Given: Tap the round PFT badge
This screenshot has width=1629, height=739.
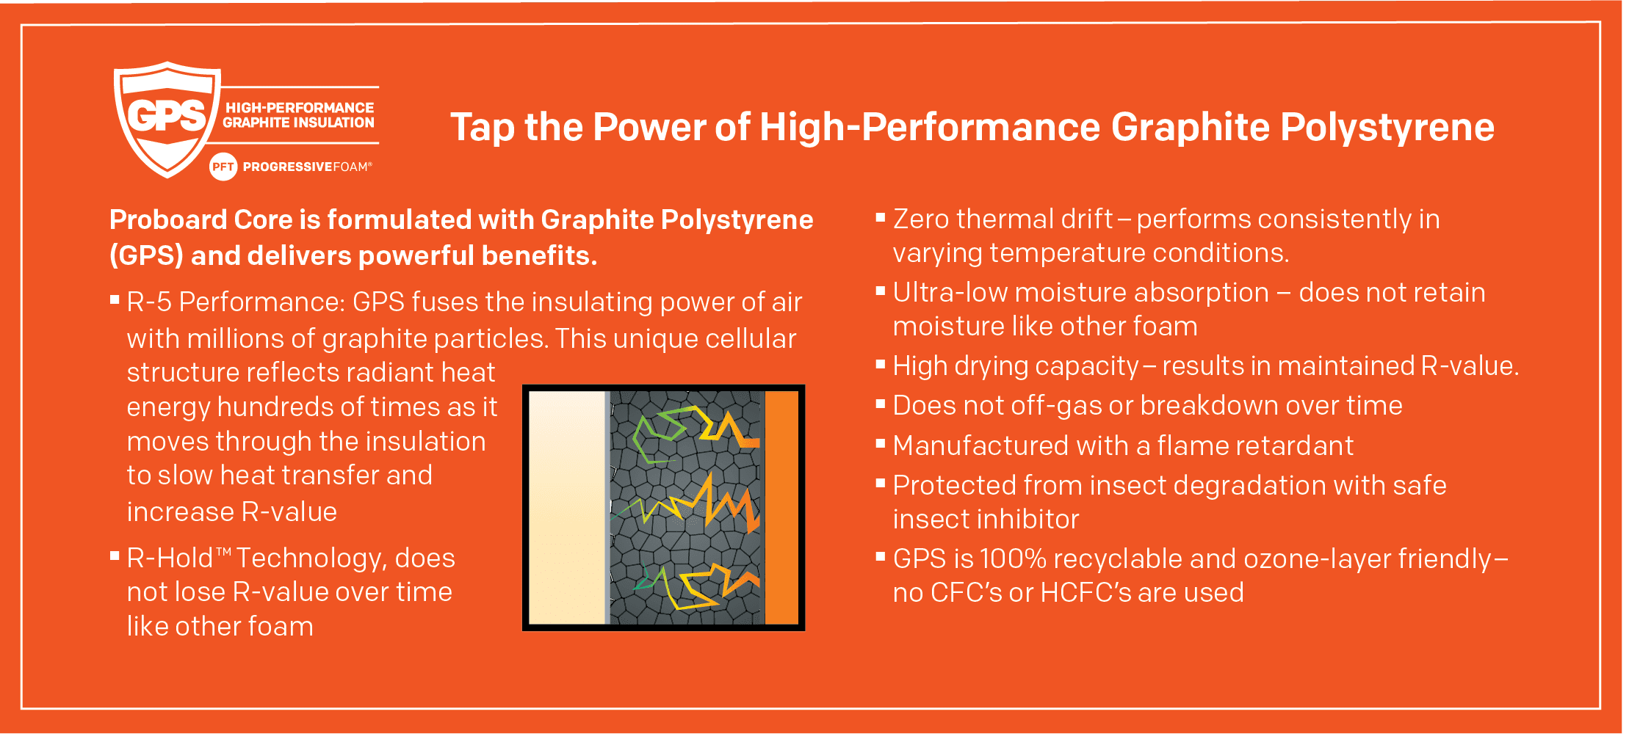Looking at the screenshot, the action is (223, 167).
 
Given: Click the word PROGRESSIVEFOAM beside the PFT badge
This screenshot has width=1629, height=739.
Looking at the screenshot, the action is (307, 167).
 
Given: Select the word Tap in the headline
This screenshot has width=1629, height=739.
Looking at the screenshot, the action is (482, 128).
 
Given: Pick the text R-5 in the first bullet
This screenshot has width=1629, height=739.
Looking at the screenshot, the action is (149, 302).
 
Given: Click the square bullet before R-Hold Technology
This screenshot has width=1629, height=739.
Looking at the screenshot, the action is (115, 556).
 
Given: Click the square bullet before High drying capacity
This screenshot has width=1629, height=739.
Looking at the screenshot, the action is (881, 363).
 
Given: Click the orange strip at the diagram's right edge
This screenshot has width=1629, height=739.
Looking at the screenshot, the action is (781, 508).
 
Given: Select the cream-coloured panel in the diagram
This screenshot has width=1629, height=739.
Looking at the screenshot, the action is (567, 508).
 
